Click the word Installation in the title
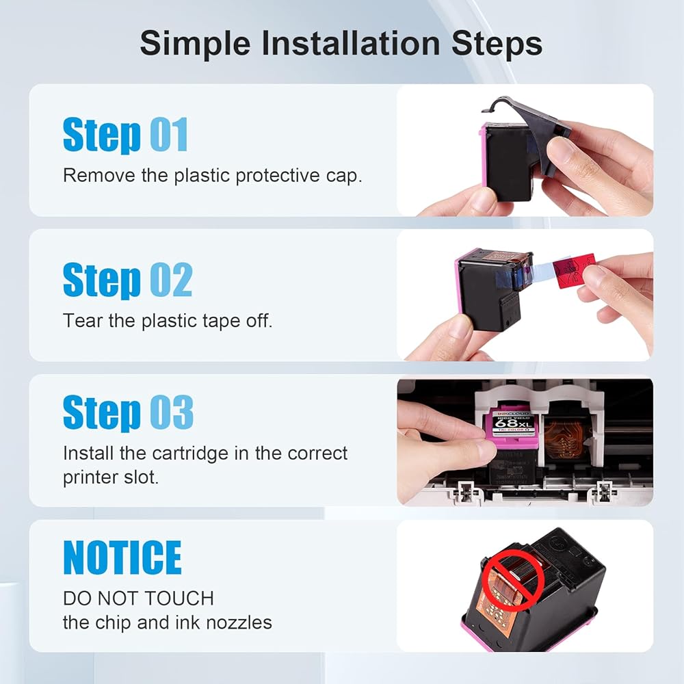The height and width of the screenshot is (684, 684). click(351, 43)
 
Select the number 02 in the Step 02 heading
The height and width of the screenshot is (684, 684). click(171, 280)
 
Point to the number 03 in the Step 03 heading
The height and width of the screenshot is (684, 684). click(172, 412)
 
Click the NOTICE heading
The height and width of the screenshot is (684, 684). click(122, 557)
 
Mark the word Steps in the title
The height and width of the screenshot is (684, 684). click(497, 44)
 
